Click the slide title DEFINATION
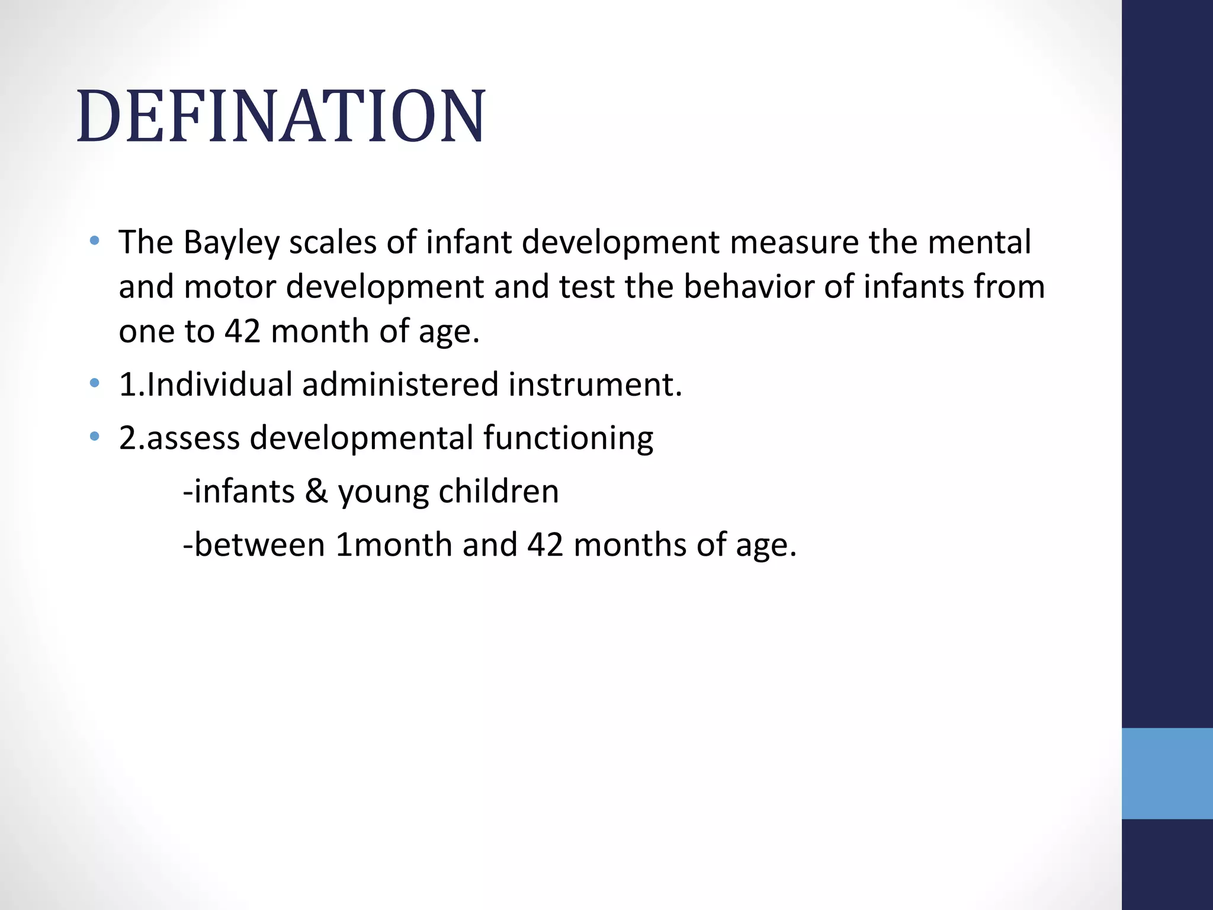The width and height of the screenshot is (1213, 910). (281, 116)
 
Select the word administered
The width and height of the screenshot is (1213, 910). (400, 384)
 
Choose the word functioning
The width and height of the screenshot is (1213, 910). (568, 438)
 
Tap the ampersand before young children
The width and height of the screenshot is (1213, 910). (316, 492)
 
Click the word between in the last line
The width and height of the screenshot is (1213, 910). (259, 545)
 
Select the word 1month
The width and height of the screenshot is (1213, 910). (394, 545)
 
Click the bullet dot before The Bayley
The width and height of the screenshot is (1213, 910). (94, 241)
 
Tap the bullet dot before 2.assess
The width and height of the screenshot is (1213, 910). (94, 437)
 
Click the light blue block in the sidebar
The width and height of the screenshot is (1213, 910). (1167, 773)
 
